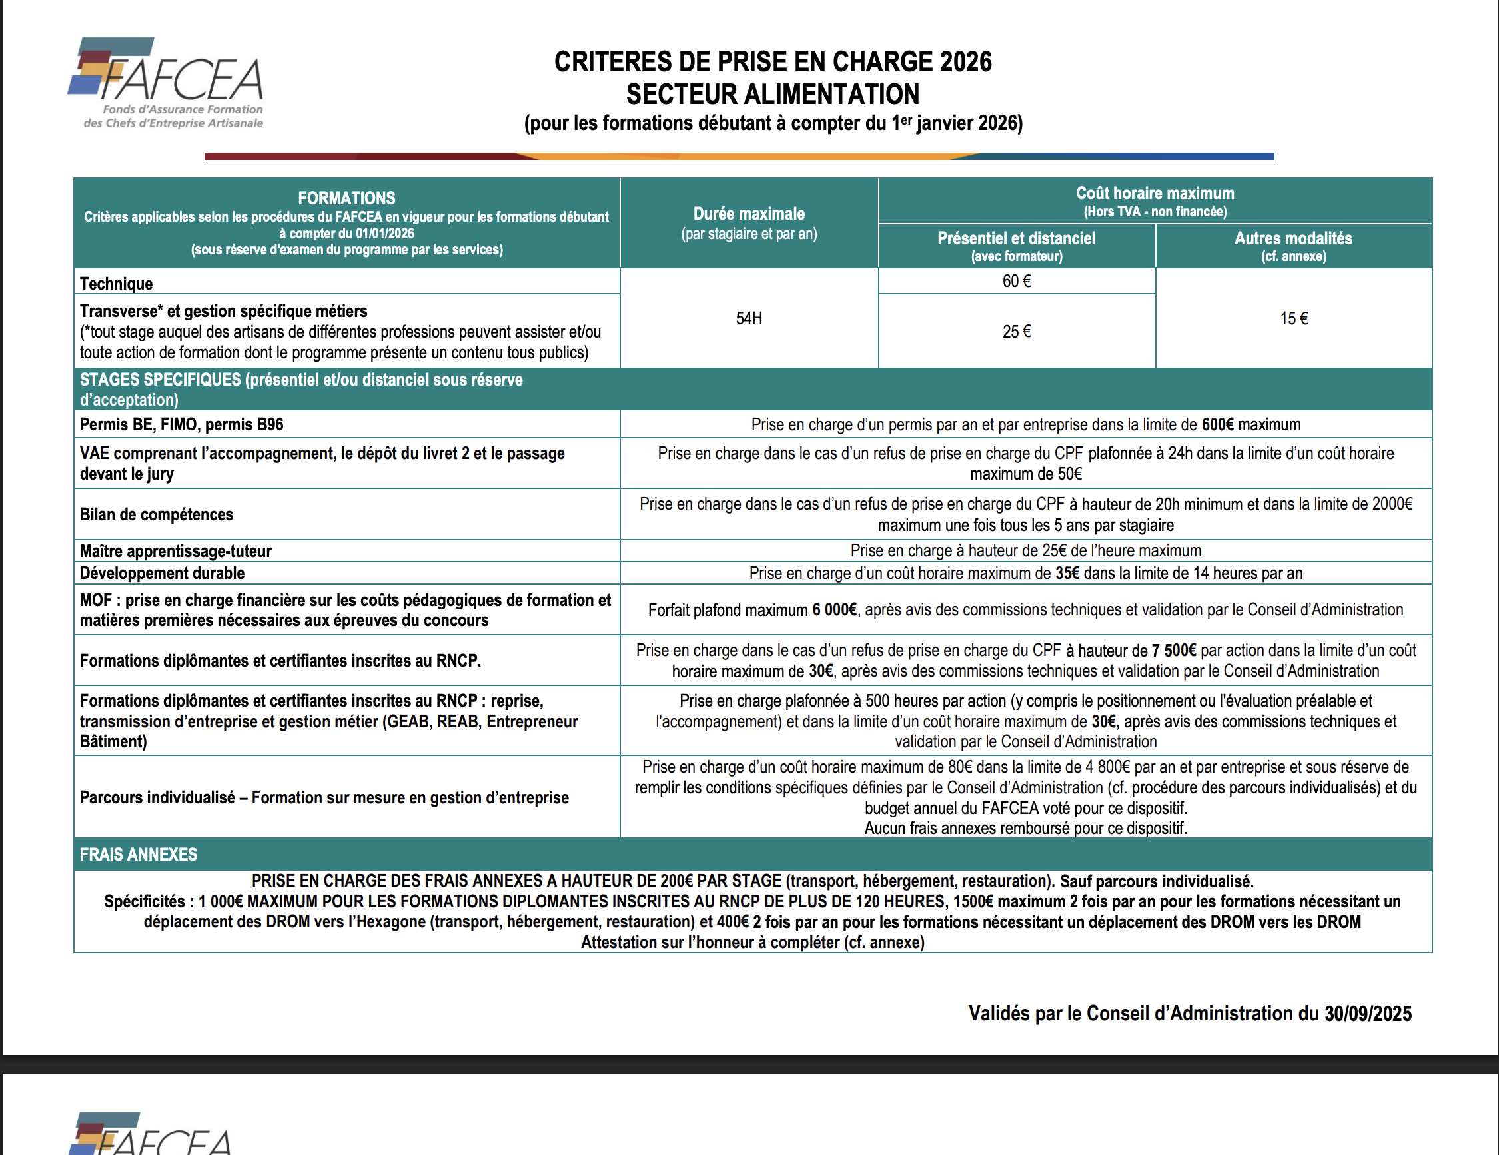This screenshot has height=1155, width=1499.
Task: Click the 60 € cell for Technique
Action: click(x=1017, y=281)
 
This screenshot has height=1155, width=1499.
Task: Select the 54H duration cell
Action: click(x=749, y=318)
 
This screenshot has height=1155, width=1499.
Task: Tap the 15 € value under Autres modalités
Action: click(x=1294, y=318)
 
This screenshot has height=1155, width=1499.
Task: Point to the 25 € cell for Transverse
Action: click(x=1017, y=332)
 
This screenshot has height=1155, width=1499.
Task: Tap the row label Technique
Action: click(x=116, y=284)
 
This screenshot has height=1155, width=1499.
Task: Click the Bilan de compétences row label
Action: click(x=157, y=514)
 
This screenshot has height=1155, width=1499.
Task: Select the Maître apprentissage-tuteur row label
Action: click(x=176, y=550)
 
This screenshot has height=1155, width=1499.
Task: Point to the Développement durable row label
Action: click(x=162, y=573)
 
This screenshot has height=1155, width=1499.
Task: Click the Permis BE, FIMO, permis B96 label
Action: click(x=181, y=424)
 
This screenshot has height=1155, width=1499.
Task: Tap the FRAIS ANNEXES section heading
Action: click(x=138, y=855)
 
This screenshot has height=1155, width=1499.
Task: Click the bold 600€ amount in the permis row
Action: click(x=1217, y=424)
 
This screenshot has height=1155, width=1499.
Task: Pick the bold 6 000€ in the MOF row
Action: click(x=835, y=609)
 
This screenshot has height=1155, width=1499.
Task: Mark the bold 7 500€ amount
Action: click(x=1173, y=650)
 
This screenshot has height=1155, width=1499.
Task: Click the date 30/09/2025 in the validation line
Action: click(x=1367, y=1014)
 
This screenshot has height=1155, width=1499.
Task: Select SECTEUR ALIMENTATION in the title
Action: click(x=773, y=94)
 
